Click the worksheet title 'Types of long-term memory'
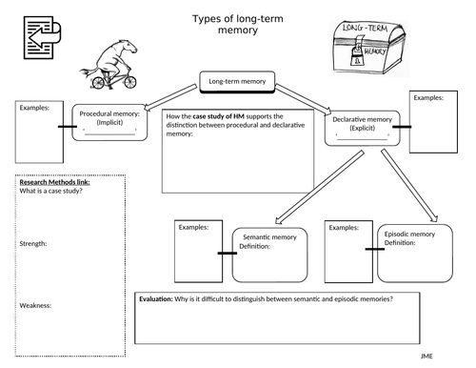[238, 24]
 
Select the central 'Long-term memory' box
[236, 82]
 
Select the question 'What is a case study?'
[50, 192]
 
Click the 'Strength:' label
[34, 244]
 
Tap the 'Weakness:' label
[36, 305]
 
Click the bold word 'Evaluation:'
[156, 299]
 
